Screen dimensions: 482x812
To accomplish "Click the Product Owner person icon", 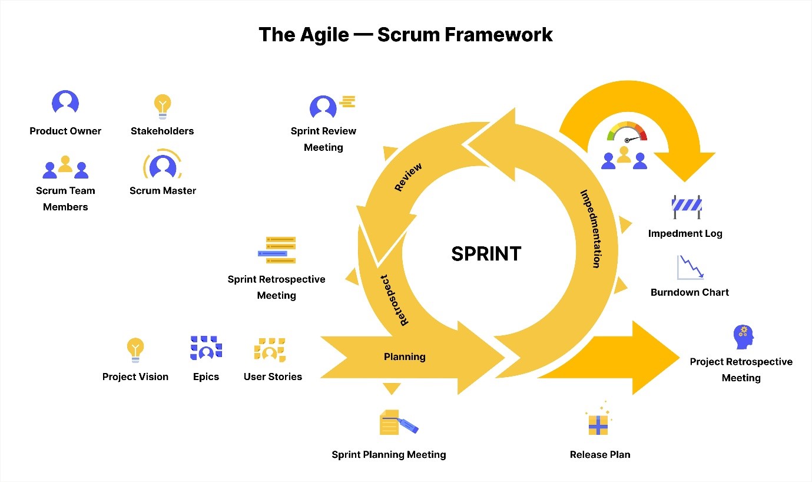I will click(x=65, y=103).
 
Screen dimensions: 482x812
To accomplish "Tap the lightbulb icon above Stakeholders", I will click(x=163, y=106).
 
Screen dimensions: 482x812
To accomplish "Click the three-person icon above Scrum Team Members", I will click(x=65, y=167).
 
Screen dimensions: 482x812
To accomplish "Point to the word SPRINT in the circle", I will click(x=486, y=254).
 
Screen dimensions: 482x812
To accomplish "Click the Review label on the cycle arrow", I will click(x=407, y=177).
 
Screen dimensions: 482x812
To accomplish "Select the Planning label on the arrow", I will click(x=405, y=356).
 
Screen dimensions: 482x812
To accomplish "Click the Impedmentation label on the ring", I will click(x=590, y=229).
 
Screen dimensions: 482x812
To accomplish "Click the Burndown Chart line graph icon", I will click(x=690, y=268).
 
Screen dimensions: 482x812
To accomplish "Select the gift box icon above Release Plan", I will click(x=598, y=423).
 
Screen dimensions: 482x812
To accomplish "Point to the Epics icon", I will click(x=206, y=348).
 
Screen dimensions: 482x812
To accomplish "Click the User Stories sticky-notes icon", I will click(x=270, y=349).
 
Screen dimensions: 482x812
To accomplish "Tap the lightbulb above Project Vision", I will click(x=135, y=349).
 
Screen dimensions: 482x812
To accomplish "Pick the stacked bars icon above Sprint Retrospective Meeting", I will click(x=277, y=250).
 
